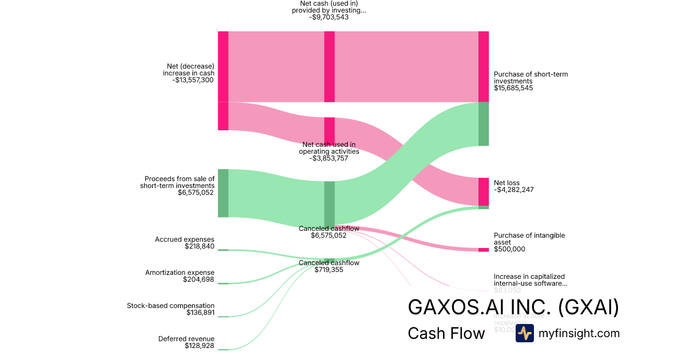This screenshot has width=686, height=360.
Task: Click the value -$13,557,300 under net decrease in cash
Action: click(x=193, y=81)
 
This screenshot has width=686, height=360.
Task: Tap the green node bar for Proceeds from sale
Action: click(x=223, y=193)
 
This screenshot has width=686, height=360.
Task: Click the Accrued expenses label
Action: click(x=185, y=239)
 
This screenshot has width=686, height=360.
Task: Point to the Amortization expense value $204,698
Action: click(x=198, y=279)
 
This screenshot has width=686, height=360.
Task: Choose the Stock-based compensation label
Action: click(x=170, y=306)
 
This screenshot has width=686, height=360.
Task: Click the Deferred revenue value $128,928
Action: click(x=200, y=346)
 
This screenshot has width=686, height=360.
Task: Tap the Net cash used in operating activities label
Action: click(x=329, y=148)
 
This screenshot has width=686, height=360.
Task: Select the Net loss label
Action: click(x=506, y=183)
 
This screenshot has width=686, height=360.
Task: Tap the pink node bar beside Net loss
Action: click(x=484, y=191)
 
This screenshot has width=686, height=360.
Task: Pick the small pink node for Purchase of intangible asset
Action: click(x=484, y=250)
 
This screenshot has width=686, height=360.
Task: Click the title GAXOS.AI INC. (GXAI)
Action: click(x=513, y=307)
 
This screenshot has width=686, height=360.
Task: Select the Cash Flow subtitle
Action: click(x=446, y=333)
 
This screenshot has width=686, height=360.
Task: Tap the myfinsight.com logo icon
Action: click(x=524, y=333)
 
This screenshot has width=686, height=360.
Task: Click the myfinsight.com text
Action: click(x=579, y=333)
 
